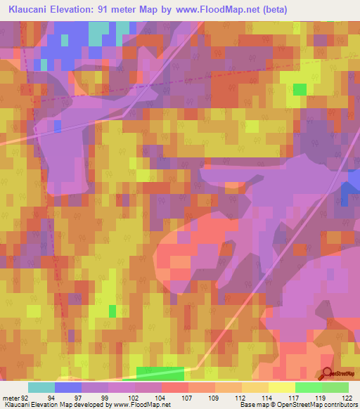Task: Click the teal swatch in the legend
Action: tap(41, 387)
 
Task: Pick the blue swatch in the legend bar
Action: tap(68, 387)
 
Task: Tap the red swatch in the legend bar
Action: tap(175, 387)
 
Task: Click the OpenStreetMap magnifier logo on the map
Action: tap(328, 375)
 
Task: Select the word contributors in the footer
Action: tap(337, 405)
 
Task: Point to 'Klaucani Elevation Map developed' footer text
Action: tap(49, 405)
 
